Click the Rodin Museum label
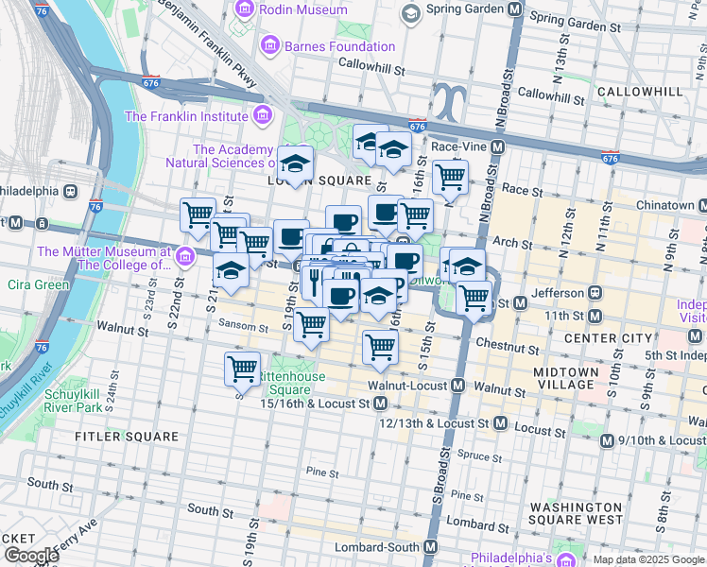[303, 9]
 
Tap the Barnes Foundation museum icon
[270, 46]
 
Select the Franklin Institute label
[186, 117]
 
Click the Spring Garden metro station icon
[514, 10]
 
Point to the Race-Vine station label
[457, 147]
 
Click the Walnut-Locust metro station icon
[457, 386]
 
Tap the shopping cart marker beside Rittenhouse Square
[243, 368]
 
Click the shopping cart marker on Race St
[450, 176]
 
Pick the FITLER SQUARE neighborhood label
[128, 437]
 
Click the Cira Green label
[38, 284]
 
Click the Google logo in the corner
[31, 556]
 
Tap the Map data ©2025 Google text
[647, 559]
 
